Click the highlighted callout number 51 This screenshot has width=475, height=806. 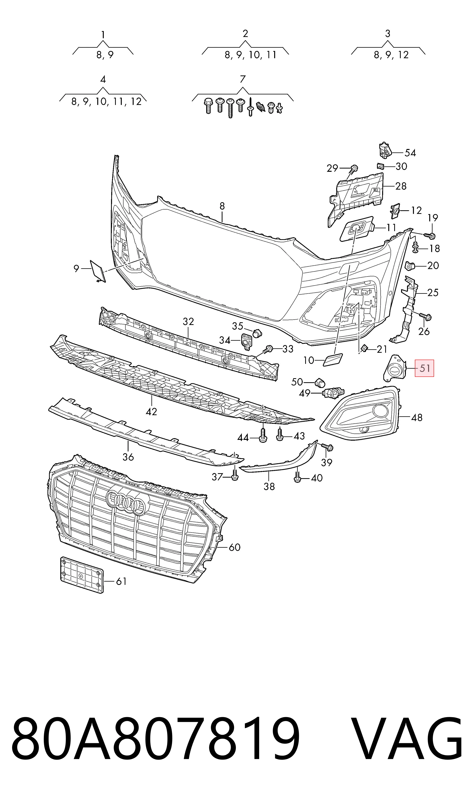[x=424, y=368]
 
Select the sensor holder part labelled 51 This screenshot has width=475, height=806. [x=395, y=368]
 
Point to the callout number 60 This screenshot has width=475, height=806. [x=235, y=547]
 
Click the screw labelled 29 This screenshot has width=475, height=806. [x=353, y=169]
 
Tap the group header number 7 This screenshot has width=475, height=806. [x=243, y=79]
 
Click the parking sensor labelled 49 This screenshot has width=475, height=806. [x=333, y=393]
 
